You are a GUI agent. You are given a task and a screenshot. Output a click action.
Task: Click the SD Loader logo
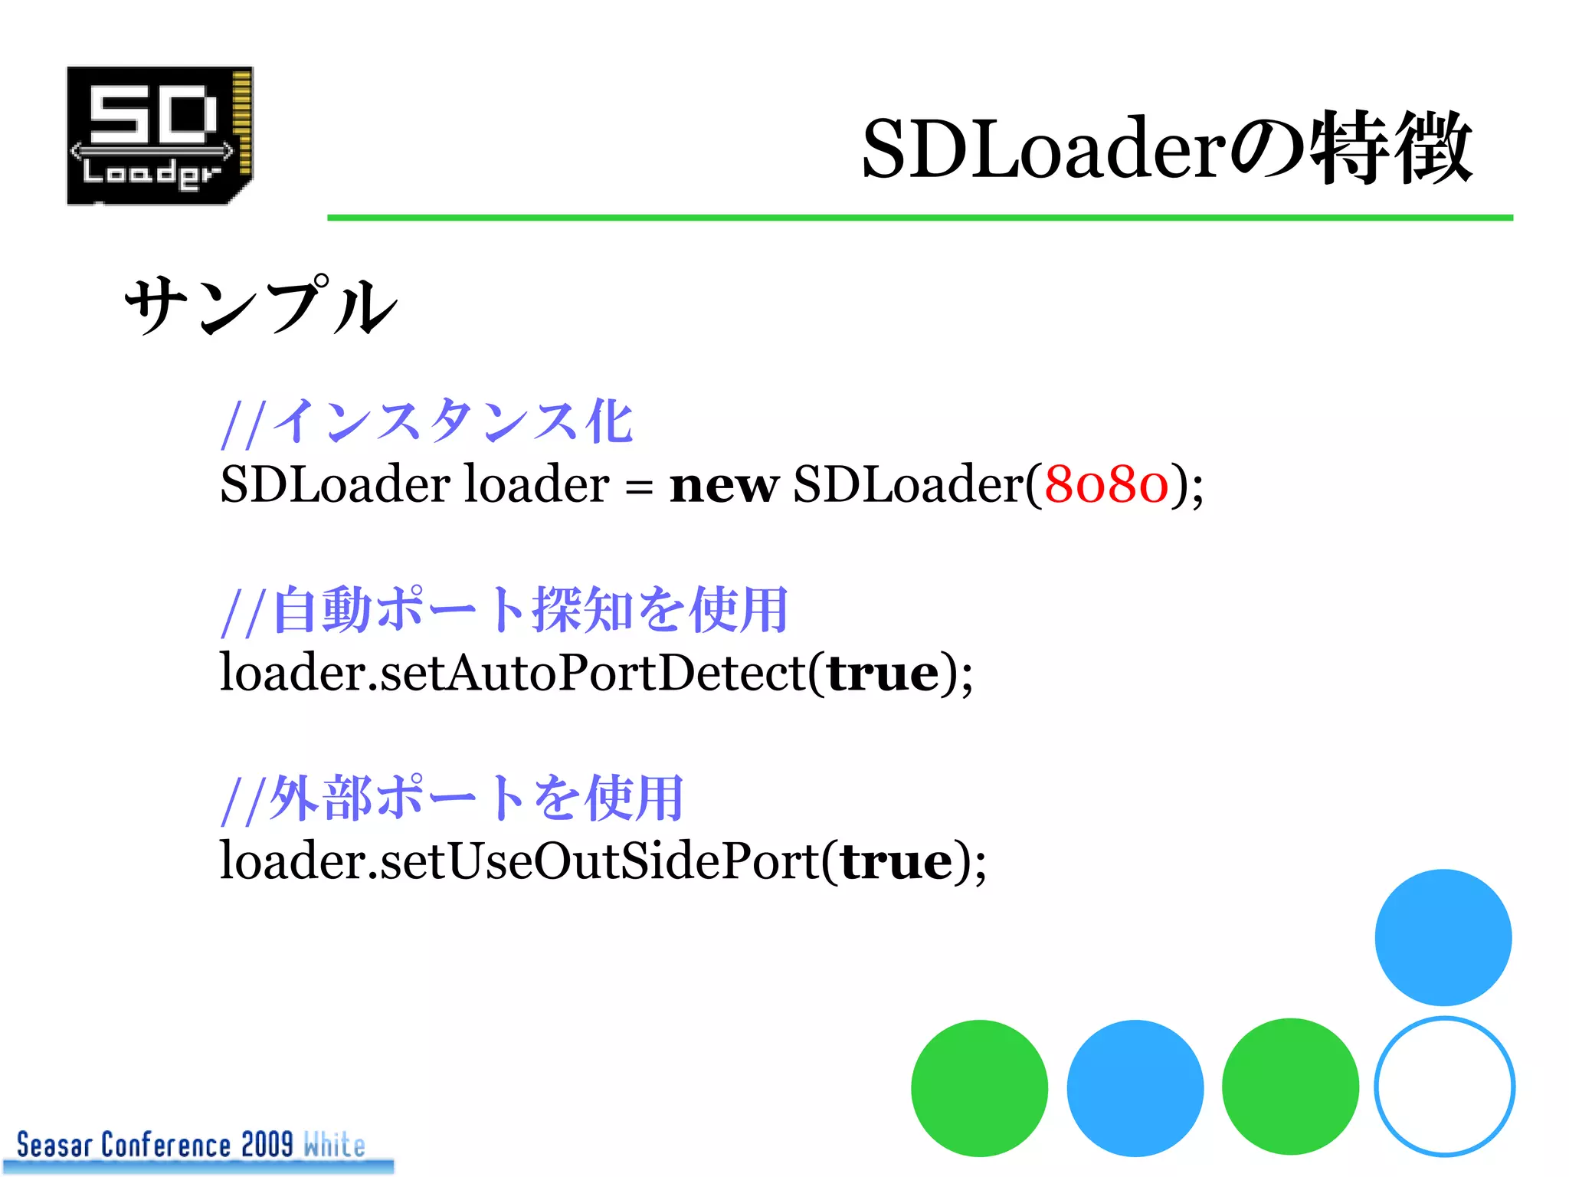pyautogui.click(x=160, y=136)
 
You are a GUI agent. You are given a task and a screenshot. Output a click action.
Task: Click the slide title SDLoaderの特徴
pyautogui.click(x=1166, y=148)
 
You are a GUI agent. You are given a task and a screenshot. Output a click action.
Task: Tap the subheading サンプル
pyautogui.click(x=261, y=307)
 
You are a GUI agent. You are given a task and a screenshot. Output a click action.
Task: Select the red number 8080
pyautogui.click(x=1106, y=485)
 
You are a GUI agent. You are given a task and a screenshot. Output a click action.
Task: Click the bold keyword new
pyautogui.click(x=724, y=486)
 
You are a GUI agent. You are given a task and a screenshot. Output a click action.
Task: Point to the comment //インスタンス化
pyautogui.click(x=427, y=422)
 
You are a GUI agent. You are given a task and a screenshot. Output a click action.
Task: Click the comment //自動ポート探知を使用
pyautogui.click(x=505, y=611)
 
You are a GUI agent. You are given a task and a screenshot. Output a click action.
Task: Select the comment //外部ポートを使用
pyautogui.click(x=452, y=798)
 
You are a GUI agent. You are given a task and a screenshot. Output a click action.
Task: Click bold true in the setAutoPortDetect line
pyautogui.click(x=883, y=674)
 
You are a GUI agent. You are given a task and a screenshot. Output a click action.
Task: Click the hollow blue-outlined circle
pyautogui.click(x=1444, y=1086)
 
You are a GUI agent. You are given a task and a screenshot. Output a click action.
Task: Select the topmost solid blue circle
pyautogui.click(x=1443, y=937)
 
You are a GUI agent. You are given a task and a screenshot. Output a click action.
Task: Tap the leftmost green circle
pyautogui.click(x=979, y=1087)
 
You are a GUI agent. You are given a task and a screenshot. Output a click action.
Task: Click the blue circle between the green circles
pyautogui.click(x=1135, y=1087)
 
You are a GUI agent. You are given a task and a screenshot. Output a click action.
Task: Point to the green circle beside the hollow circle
pyautogui.click(x=1290, y=1087)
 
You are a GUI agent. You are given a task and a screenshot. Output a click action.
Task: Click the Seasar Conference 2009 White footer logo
pyautogui.click(x=192, y=1146)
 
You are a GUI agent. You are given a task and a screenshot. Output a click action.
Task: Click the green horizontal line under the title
pyautogui.click(x=919, y=218)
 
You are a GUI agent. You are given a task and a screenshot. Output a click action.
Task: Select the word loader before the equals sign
pyautogui.click(x=537, y=485)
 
